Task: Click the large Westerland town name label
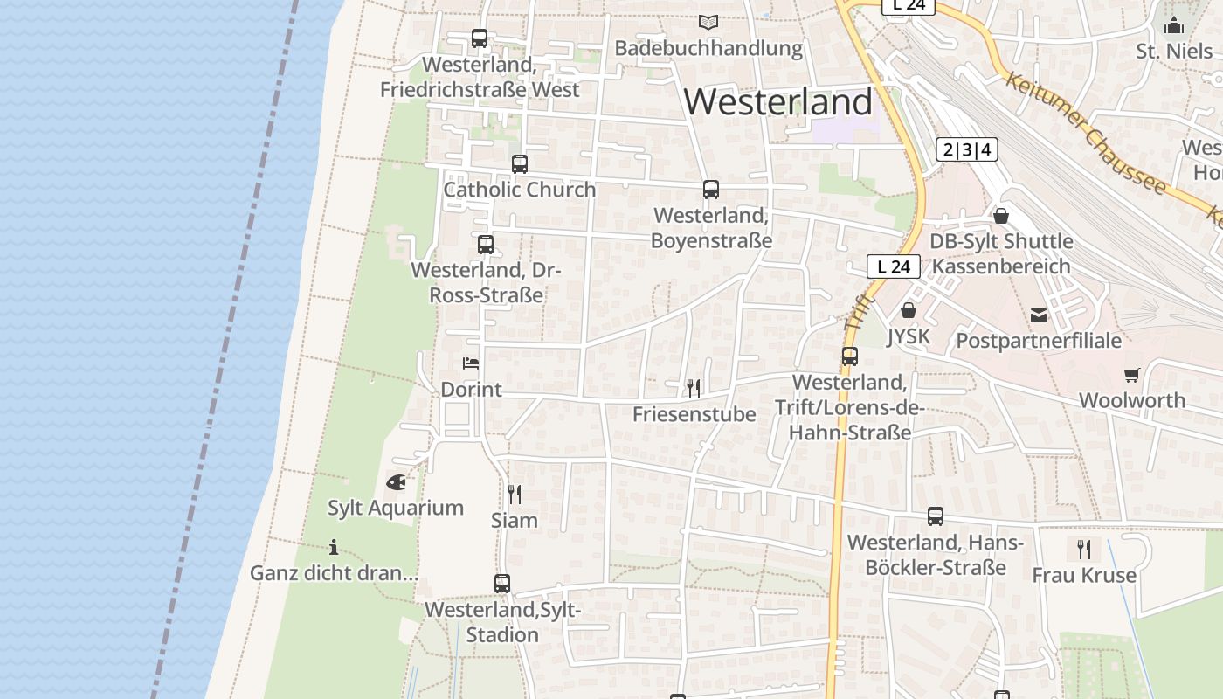[x=777, y=102]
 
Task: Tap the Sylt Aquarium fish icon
[x=396, y=481]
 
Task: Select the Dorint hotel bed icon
[x=471, y=363]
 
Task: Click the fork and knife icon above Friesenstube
[x=694, y=388]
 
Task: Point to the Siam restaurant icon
[x=515, y=495]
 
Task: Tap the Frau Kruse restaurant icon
[x=1084, y=549]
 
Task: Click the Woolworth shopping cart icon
[x=1132, y=375]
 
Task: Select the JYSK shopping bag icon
[x=909, y=310]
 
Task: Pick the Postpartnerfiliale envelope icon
[x=1039, y=315]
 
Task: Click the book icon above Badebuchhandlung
[x=708, y=22]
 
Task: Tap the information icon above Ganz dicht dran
[x=334, y=548]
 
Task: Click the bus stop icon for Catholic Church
[x=520, y=163]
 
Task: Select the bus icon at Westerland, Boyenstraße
[x=711, y=189]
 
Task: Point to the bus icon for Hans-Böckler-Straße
[x=936, y=516]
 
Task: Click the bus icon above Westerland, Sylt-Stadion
[x=502, y=583]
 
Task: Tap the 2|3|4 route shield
[x=967, y=149]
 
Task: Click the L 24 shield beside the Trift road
[x=894, y=266]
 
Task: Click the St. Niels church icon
[x=1174, y=24]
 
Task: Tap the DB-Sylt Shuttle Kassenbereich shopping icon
[x=1001, y=215]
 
